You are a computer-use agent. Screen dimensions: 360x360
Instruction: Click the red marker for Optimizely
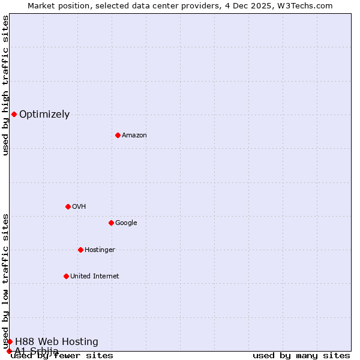point(14,114)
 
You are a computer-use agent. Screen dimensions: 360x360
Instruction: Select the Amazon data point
point(118,135)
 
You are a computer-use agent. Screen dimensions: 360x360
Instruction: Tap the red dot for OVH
point(68,206)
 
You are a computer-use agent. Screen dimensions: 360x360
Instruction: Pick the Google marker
point(111,223)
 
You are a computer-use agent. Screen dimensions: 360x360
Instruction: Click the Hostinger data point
point(80,250)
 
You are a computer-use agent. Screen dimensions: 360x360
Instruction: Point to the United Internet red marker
point(66,276)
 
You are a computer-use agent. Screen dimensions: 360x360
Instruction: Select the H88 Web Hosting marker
point(10,341)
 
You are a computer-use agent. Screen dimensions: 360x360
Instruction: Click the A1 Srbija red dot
point(9,351)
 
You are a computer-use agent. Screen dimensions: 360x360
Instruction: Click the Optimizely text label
point(44,115)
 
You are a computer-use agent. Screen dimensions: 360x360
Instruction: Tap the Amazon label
point(134,136)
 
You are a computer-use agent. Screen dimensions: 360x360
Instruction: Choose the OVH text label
point(79,207)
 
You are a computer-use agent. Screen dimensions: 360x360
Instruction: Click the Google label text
point(126,223)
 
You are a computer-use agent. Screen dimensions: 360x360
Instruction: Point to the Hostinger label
point(100,250)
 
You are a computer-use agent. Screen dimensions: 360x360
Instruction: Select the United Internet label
point(95,277)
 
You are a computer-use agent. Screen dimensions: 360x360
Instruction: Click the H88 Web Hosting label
point(56,342)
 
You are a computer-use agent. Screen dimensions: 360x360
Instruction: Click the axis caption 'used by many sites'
point(301,356)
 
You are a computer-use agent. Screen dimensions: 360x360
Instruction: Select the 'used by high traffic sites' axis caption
point(5,85)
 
